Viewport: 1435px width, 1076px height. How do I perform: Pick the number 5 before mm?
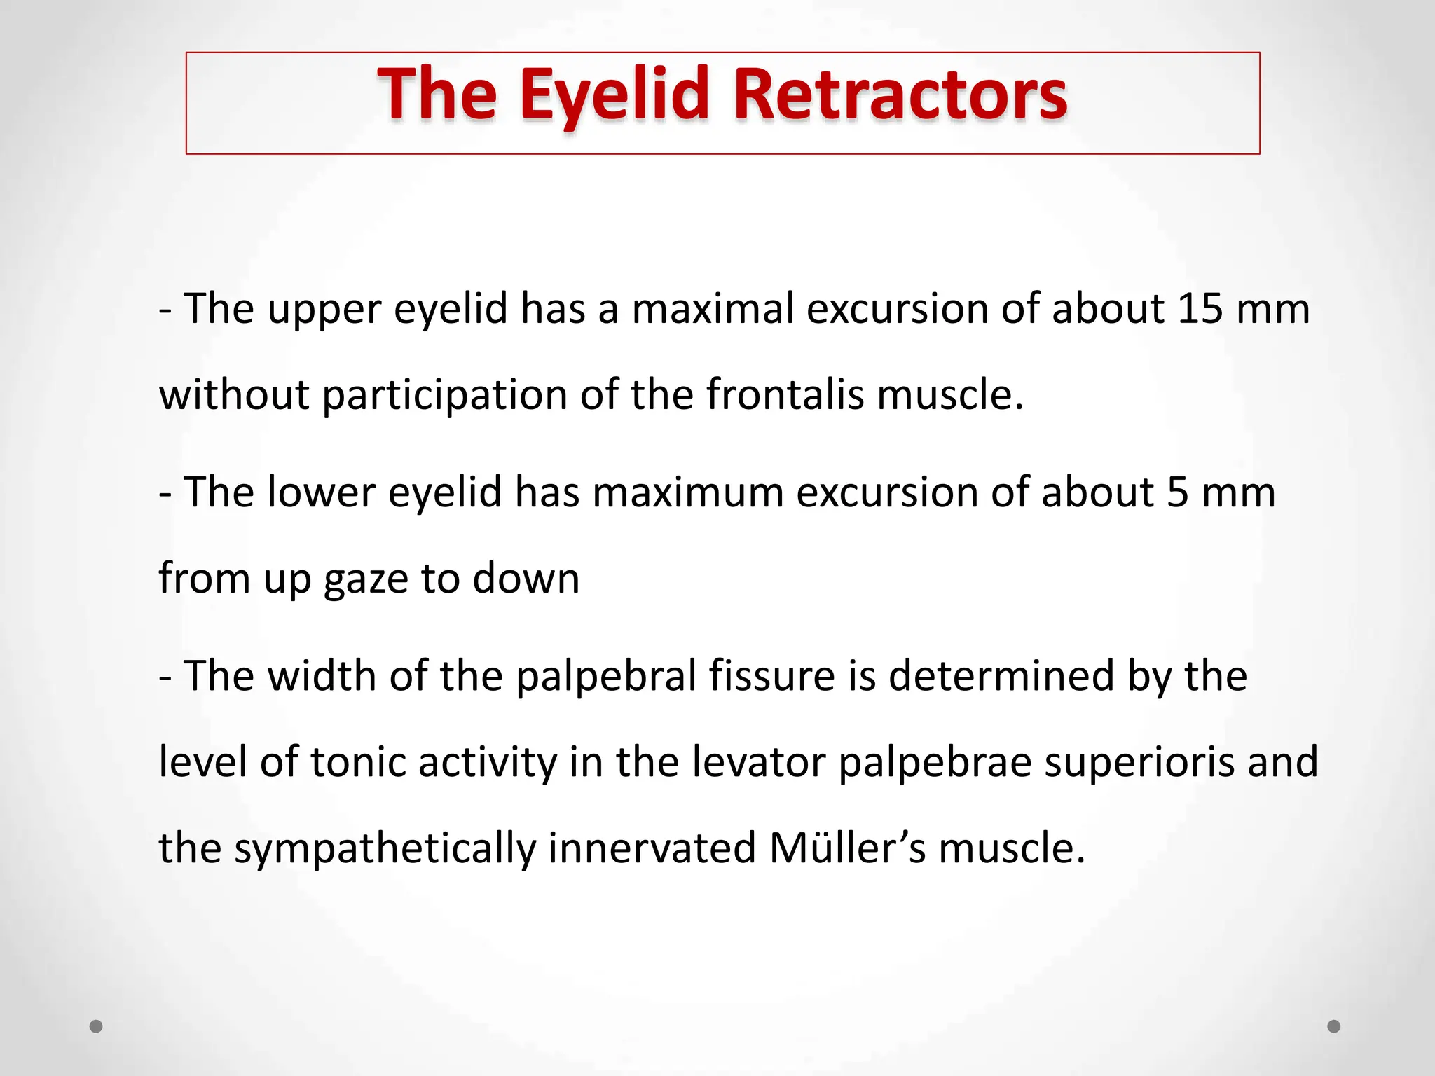click(x=1178, y=492)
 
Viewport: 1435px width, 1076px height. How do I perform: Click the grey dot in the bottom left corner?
click(x=97, y=1026)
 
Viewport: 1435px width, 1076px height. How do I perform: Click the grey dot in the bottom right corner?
click(x=1334, y=1026)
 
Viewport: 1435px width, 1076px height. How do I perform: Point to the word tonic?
click(x=357, y=762)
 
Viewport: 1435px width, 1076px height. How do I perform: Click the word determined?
click(x=1001, y=677)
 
